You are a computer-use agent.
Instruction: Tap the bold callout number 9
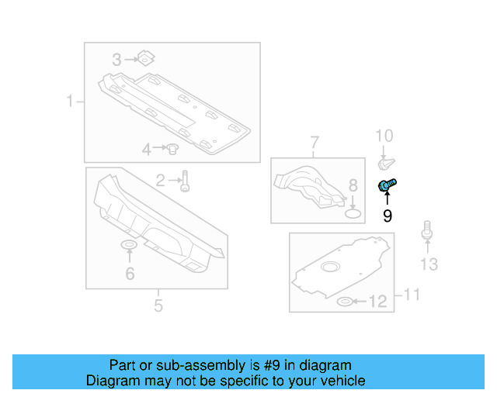pyautogui.click(x=387, y=216)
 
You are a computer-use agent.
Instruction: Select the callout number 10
pyautogui.click(x=385, y=137)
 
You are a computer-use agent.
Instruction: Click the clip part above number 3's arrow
pyautogui.click(x=144, y=57)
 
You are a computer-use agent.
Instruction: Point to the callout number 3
pyautogui.click(x=116, y=59)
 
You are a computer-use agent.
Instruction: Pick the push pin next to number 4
pyautogui.click(x=174, y=147)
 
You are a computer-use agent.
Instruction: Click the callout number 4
pyautogui.click(x=147, y=148)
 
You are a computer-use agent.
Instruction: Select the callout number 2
pyautogui.click(x=161, y=181)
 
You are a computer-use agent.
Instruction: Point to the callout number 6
pyautogui.click(x=130, y=273)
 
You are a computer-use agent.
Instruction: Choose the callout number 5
pyautogui.click(x=158, y=306)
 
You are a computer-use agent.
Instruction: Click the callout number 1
pyautogui.click(x=70, y=101)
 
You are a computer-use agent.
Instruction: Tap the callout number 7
pyautogui.click(x=315, y=142)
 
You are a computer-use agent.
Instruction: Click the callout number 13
pyautogui.click(x=429, y=265)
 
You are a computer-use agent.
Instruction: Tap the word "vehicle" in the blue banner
pyautogui.click(x=339, y=381)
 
